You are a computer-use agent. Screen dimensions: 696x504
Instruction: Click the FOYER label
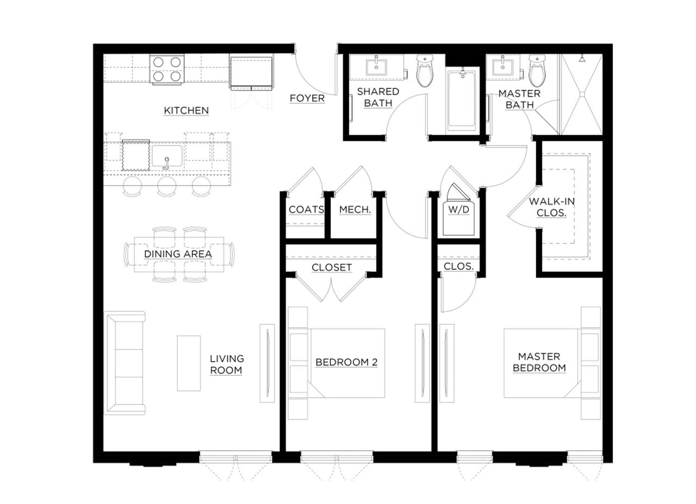click(307, 98)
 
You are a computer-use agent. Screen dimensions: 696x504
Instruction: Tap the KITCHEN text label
click(186, 110)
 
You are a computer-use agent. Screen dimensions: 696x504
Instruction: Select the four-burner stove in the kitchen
click(167, 69)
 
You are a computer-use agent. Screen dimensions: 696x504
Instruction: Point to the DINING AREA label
click(178, 254)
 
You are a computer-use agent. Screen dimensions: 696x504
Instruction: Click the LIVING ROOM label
click(227, 364)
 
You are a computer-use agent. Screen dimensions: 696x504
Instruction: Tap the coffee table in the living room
click(189, 363)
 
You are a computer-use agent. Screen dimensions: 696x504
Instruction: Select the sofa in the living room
click(125, 363)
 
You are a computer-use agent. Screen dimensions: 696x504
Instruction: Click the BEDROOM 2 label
click(346, 362)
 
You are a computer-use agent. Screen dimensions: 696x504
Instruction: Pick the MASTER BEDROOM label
click(539, 362)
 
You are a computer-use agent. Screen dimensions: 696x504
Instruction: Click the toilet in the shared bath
click(425, 71)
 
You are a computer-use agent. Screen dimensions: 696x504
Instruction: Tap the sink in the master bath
click(503, 67)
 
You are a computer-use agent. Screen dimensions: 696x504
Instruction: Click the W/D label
click(458, 210)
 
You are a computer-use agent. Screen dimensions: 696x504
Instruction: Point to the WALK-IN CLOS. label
click(551, 207)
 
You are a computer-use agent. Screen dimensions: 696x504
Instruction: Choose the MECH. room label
click(355, 210)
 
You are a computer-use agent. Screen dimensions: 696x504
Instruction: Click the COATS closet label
click(306, 210)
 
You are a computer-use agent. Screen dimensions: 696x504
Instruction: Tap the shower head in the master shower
click(582, 58)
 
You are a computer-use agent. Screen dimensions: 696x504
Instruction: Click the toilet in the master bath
click(537, 71)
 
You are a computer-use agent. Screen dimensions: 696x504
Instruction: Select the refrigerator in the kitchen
click(251, 72)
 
